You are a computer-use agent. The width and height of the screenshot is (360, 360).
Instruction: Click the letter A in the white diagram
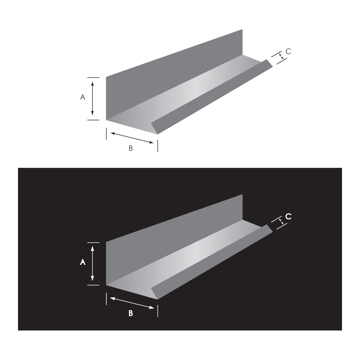coord(82,97)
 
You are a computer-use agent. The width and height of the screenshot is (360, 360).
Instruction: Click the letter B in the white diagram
coord(131,148)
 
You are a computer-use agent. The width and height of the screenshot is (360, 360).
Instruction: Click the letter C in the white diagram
coord(288,51)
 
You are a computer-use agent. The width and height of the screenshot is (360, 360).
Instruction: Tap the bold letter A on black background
coord(82,263)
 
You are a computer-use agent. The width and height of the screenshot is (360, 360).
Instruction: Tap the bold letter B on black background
coord(131,314)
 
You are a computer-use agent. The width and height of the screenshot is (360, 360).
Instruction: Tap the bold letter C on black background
coord(288,216)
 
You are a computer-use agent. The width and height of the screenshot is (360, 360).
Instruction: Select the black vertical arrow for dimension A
coord(93,98)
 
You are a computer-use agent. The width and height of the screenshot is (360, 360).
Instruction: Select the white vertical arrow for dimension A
coord(93,263)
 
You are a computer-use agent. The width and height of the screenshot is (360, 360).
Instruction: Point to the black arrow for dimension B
coord(132,138)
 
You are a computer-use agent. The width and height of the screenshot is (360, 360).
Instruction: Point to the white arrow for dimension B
coord(132,303)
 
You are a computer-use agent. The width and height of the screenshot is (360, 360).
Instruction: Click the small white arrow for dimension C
coord(281,222)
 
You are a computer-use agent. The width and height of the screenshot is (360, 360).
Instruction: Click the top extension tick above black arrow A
coord(93,77)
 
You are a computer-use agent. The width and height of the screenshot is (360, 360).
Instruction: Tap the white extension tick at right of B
coord(158,310)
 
